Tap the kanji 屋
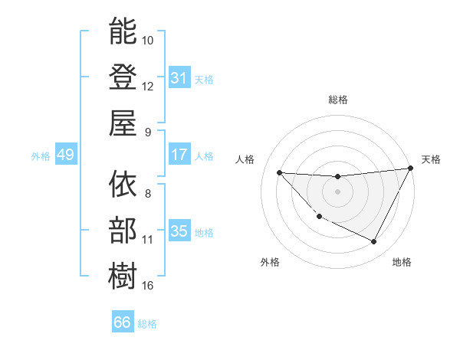point(123,123)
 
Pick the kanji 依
point(123,185)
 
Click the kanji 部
point(123,231)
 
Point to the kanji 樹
point(123,277)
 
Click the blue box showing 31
point(179,77)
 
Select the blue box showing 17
point(179,155)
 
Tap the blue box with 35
point(179,231)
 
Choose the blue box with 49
point(65,155)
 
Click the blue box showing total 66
point(123,322)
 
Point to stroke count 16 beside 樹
point(148,286)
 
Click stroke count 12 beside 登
point(148,86)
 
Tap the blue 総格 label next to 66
point(147,324)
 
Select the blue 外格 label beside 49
point(41,155)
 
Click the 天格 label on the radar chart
point(431,159)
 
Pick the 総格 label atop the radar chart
point(337,100)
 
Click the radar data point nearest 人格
point(279,172)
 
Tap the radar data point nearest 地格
point(374,242)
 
